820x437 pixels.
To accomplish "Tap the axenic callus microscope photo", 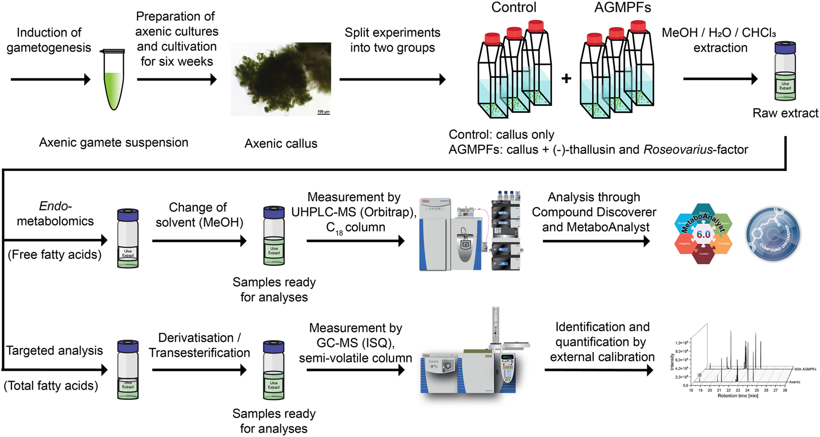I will tap(281, 79).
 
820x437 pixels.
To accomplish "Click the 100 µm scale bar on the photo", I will tap(323, 112).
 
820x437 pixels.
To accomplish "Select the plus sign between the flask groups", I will tap(566, 78).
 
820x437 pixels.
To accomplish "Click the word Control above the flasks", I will tap(514, 7).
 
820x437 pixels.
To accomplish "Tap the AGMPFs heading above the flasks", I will tap(623, 7).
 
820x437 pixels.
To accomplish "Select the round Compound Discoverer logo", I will tap(773, 234).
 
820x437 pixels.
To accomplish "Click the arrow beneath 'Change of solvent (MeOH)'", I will tap(199, 241).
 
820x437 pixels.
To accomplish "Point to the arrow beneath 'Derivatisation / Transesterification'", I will tap(199, 370).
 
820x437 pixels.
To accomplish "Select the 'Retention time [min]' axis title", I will tap(737, 396).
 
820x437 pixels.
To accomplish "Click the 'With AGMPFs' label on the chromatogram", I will tap(805, 369).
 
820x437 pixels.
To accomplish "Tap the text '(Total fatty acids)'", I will tap(51, 386).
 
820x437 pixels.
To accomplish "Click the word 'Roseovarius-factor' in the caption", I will tap(695, 149).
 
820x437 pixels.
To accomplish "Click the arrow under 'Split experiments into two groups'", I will tap(392, 79).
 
